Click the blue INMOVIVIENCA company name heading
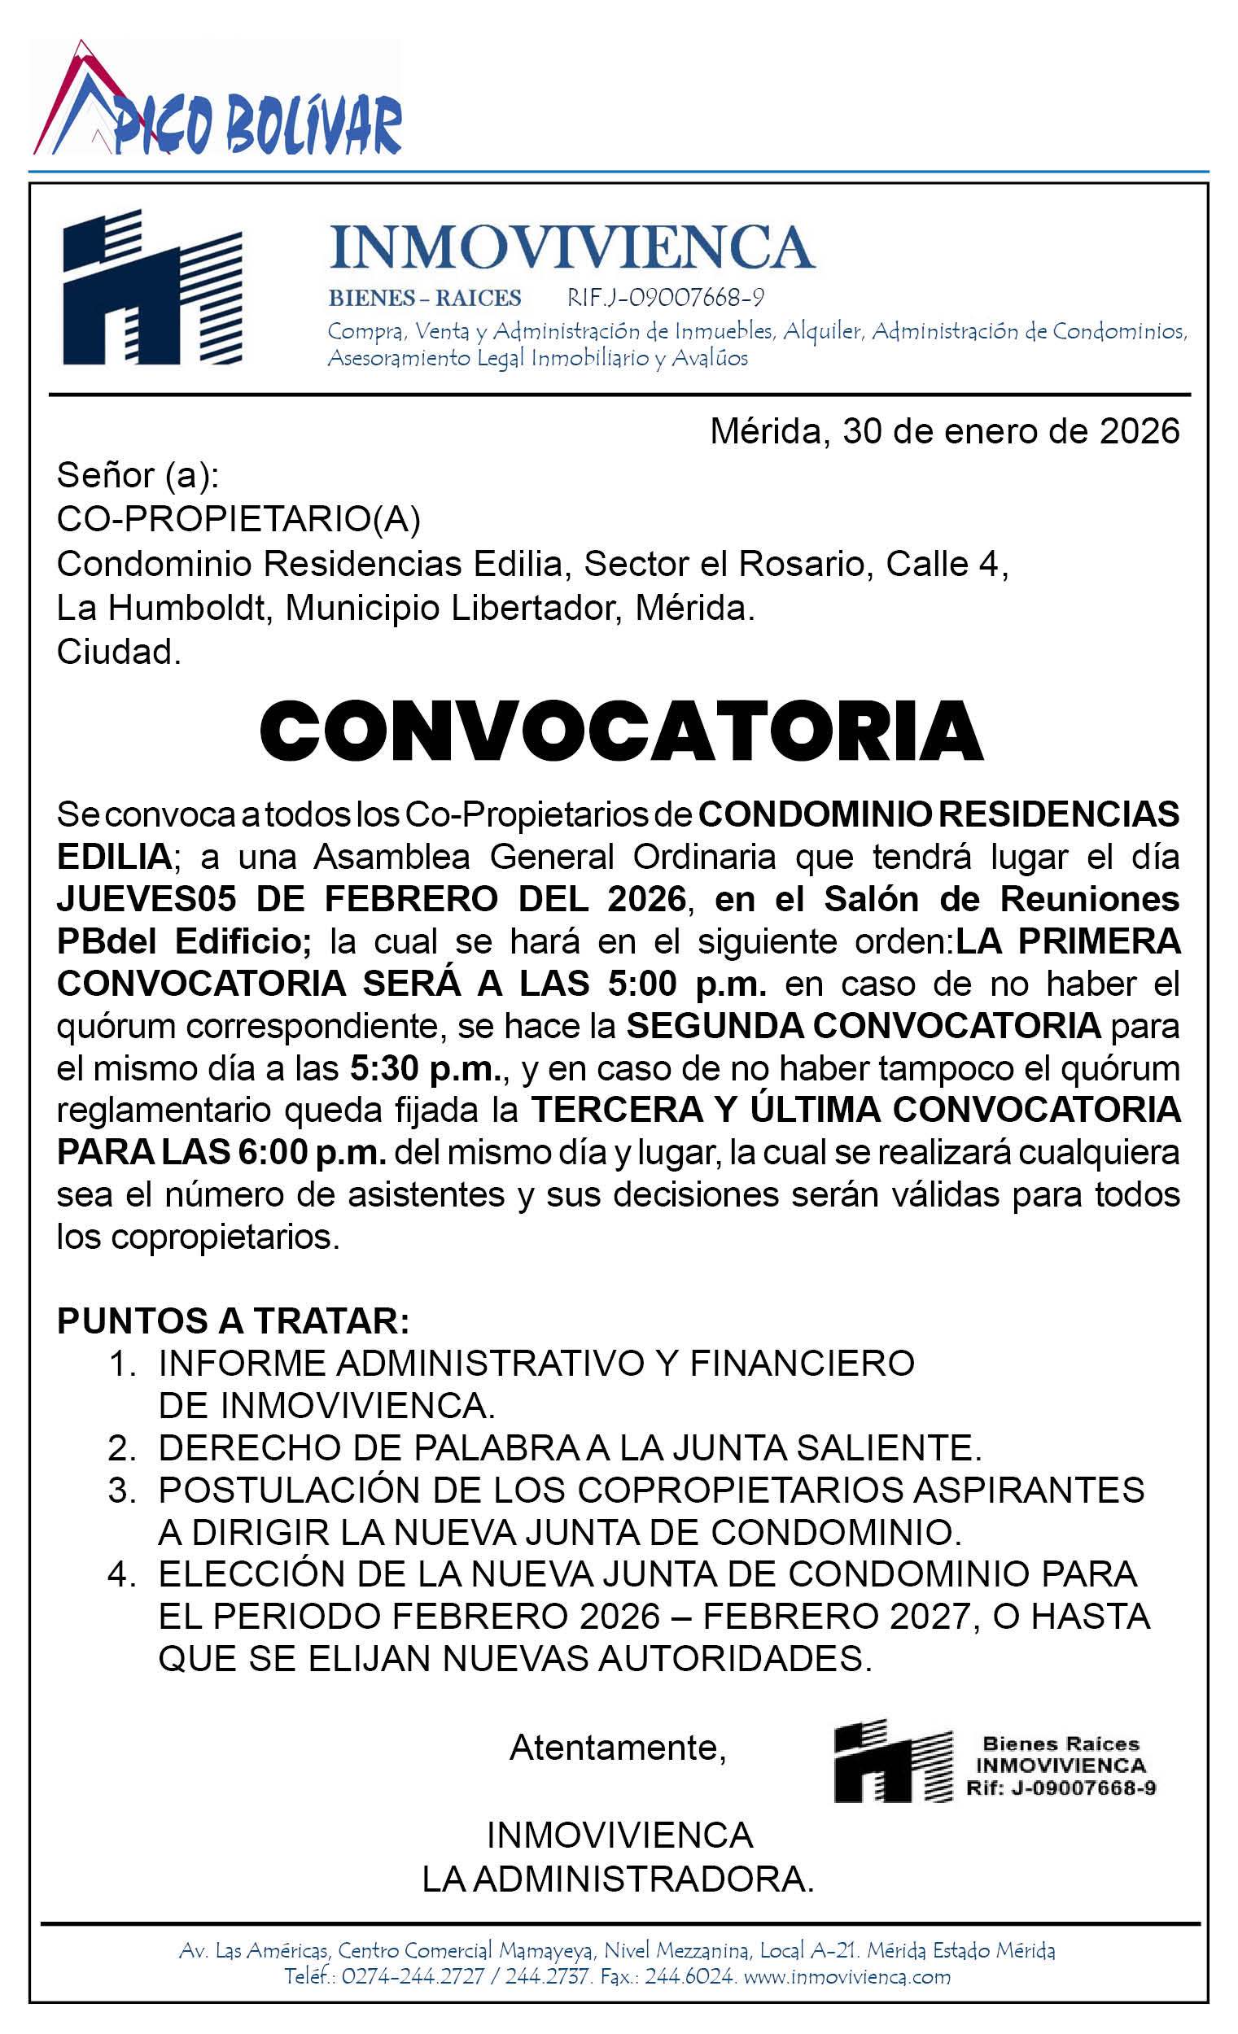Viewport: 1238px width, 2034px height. coord(571,246)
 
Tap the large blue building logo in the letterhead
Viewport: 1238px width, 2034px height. coord(153,288)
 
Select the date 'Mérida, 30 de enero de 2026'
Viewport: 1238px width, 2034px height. coord(945,432)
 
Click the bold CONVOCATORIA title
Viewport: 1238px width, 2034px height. coord(620,731)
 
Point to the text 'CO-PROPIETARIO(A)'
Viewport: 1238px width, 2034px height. coord(238,520)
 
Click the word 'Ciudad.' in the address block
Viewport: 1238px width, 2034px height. coord(118,653)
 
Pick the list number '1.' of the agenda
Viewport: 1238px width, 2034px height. coord(122,1364)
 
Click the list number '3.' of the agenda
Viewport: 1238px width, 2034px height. coord(122,1491)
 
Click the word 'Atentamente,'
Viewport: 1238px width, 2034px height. coord(618,1748)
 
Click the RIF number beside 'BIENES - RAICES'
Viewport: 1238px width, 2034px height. coord(666,297)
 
